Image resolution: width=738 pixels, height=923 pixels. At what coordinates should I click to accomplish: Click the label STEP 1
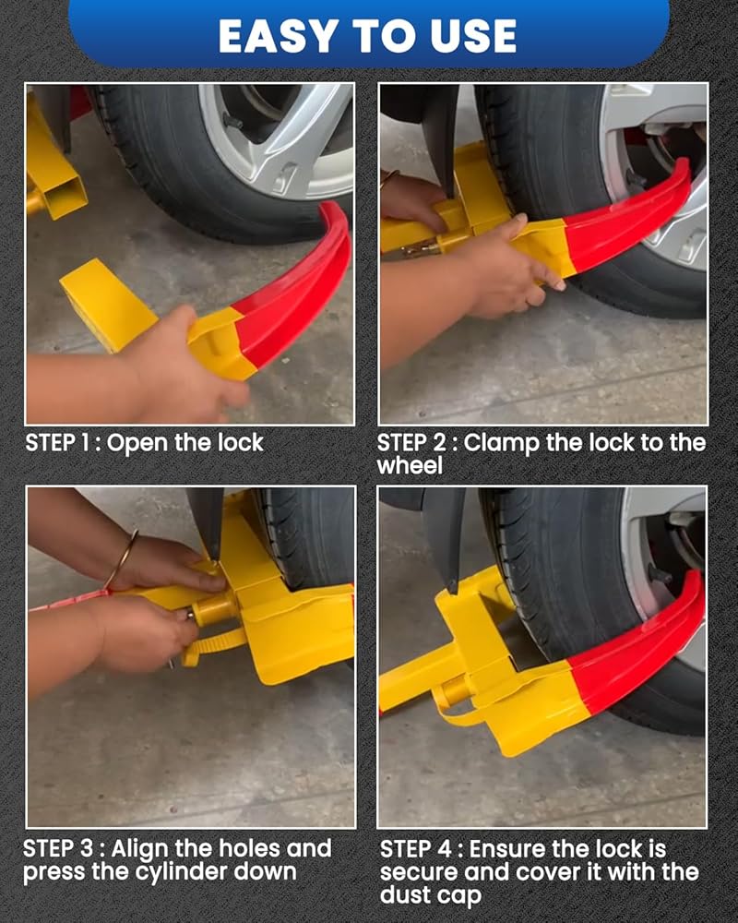click(x=56, y=443)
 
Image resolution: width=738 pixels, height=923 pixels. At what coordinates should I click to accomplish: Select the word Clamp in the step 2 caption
click(x=502, y=444)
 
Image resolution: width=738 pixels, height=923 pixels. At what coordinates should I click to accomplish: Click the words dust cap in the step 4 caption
click(x=431, y=895)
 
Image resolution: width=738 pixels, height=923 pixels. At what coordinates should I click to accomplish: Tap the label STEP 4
click(x=415, y=849)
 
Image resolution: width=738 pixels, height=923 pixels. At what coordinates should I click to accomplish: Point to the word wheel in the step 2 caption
click(x=410, y=466)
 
